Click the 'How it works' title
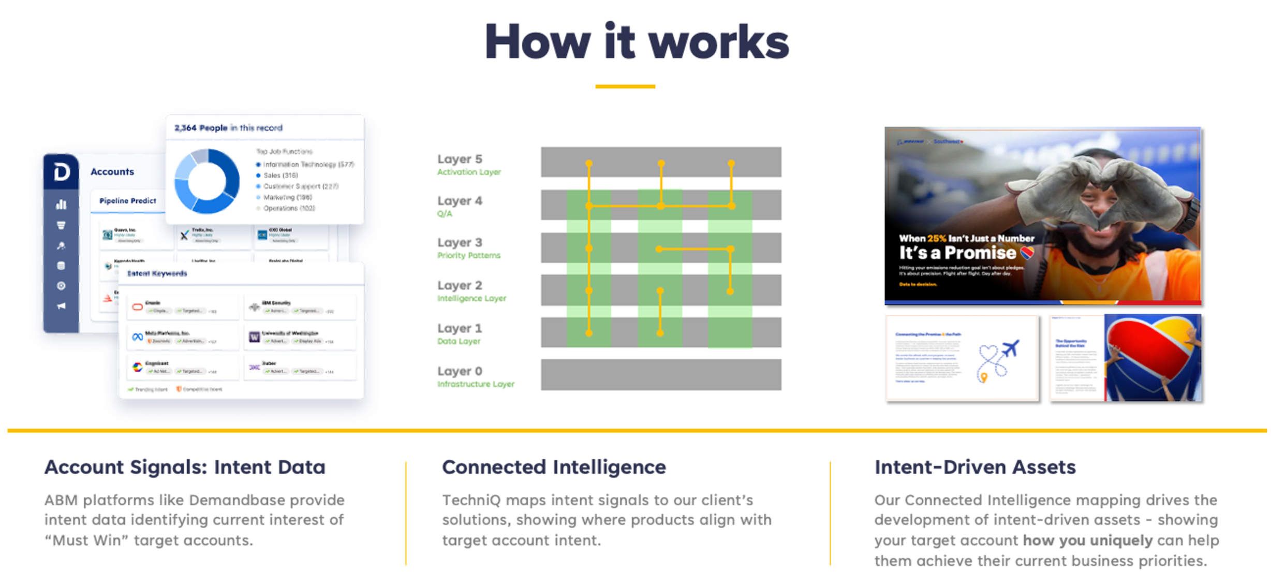636,42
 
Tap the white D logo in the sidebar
62,171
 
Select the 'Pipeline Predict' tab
127,201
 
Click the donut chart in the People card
207,181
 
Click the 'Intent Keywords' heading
157,273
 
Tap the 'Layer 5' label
460,159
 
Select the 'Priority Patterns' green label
468,255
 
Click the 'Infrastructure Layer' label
476,384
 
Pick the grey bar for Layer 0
661,374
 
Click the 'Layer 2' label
460,285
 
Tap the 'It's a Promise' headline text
957,253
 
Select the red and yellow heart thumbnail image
1152,357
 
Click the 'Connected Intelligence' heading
554,467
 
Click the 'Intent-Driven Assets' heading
975,467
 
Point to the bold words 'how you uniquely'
1087,540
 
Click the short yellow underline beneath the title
625,86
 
